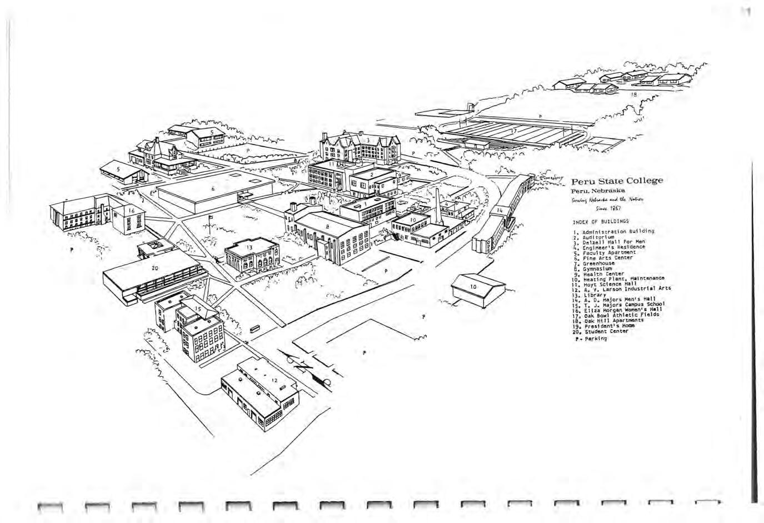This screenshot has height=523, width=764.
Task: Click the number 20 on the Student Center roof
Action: (x=155, y=267)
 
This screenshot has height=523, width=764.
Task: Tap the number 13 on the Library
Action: (x=249, y=247)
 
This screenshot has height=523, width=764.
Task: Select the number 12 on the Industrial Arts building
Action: (x=274, y=380)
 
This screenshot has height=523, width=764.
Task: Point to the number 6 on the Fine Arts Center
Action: (x=213, y=189)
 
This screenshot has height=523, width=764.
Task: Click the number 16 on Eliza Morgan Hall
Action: (x=132, y=211)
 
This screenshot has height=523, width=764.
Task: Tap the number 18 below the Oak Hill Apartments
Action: (x=632, y=95)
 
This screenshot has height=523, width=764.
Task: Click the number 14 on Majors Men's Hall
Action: (x=500, y=211)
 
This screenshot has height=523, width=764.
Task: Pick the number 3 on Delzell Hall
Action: (x=368, y=140)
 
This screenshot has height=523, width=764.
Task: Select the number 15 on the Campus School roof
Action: (x=198, y=308)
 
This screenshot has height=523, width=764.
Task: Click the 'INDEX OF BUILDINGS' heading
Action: (x=593, y=221)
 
